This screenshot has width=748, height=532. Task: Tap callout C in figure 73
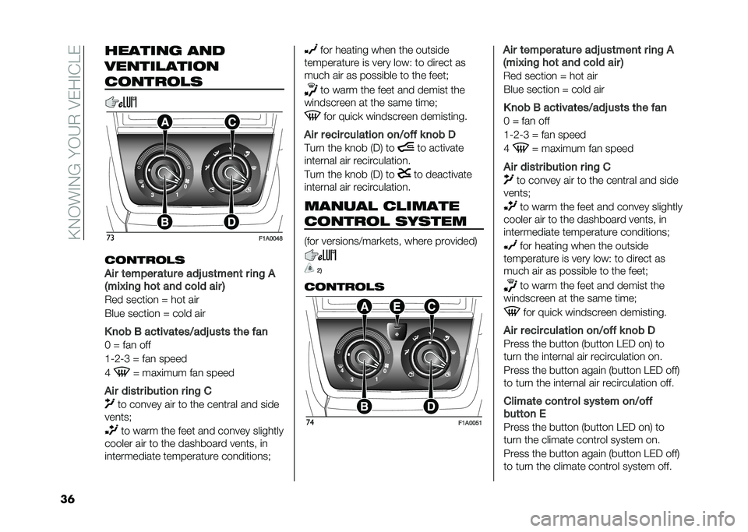(231, 122)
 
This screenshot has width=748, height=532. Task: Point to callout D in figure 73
(231, 222)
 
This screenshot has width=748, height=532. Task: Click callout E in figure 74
(397, 308)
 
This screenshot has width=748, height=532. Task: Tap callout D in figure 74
(431, 407)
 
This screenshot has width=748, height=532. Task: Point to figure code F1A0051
(471, 423)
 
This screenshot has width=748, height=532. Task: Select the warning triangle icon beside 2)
(309, 269)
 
